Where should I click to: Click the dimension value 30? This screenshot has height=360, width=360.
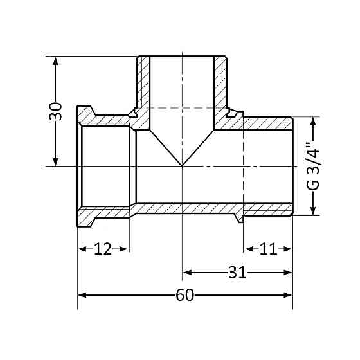pyautogui.click(x=57, y=111)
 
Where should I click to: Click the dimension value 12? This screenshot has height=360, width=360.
pyautogui.click(x=103, y=249)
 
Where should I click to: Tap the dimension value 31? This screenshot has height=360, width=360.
pyautogui.click(x=238, y=272)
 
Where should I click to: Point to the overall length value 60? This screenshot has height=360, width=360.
pyautogui.click(x=185, y=295)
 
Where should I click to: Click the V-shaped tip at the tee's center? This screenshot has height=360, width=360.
pyautogui.click(x=183, y=165)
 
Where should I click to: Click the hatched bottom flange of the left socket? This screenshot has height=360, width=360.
pyautogui.click(x=103, y=212)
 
